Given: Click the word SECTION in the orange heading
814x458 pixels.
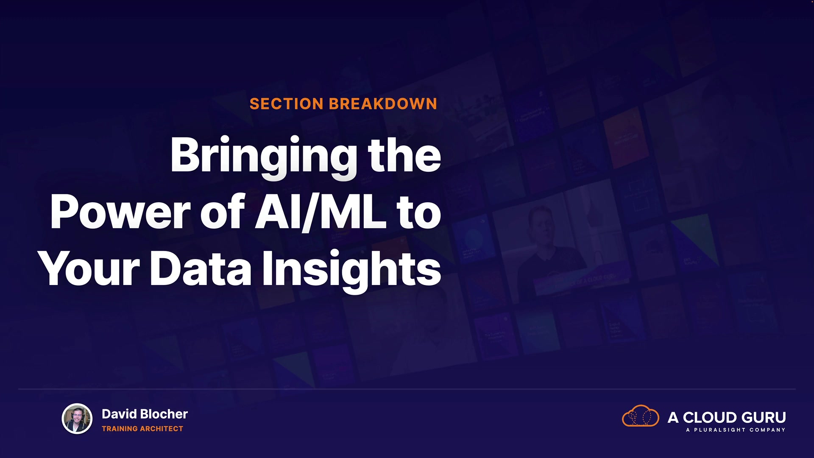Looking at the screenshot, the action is (287, 104).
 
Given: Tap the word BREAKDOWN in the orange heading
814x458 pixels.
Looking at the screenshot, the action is (383, 104).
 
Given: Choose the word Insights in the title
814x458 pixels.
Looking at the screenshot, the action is (352, 271).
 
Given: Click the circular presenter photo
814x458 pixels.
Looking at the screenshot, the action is (77, 419).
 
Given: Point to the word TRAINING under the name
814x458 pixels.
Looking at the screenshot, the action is (120, 429).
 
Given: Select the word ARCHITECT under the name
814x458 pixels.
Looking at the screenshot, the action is (162, 429).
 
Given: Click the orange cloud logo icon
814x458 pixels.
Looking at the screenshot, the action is (640, 416).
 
